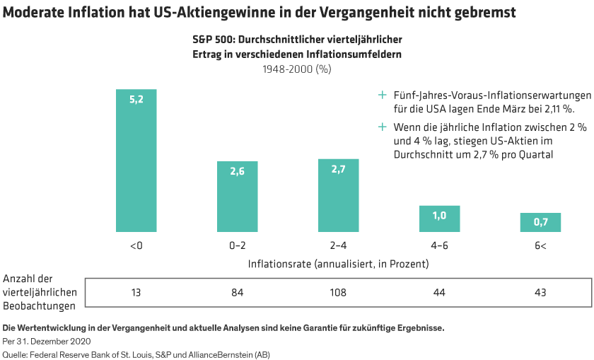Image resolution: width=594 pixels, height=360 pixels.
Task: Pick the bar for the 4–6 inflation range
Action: pos(439,219)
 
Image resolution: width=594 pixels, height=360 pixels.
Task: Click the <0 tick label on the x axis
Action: pos(136,245)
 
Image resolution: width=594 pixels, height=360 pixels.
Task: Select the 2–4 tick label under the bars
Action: pos(338,245)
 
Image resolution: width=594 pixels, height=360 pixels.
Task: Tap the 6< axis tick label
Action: pos(540,245)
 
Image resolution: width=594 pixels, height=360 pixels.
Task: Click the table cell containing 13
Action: pos(136,292)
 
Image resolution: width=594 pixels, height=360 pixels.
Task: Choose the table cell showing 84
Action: pos(238,292)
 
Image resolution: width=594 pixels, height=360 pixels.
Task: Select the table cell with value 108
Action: pos(338,292)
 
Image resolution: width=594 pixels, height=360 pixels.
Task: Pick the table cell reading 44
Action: pos(439,292)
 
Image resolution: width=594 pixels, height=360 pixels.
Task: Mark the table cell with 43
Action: pos(540,292)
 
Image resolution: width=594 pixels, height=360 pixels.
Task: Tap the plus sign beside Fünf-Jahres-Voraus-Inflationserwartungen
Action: pos(383,95)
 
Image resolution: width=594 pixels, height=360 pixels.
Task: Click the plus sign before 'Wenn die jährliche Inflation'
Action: pos(383,127)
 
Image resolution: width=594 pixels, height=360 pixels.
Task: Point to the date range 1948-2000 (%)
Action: pos(297,69)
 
